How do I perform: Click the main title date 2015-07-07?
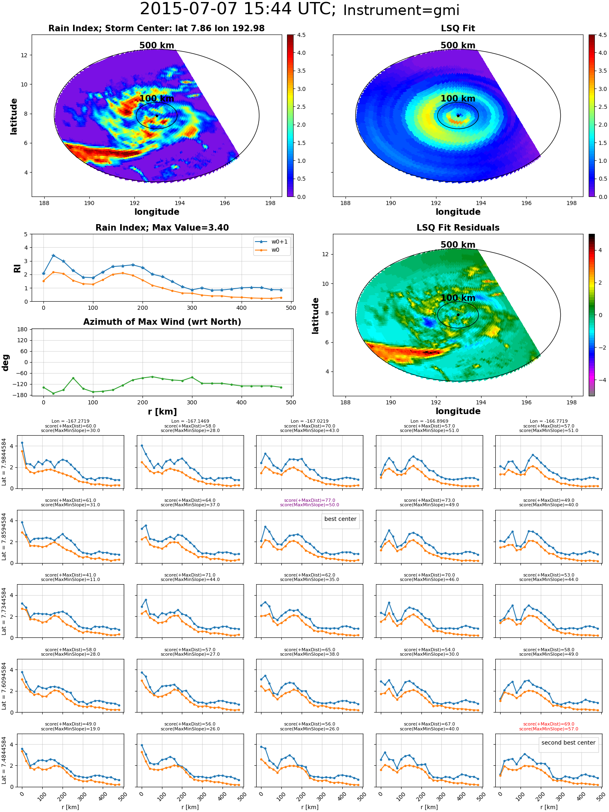(188, 9)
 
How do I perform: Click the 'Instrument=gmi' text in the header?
(401, 11)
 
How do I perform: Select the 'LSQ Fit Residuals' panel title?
(458, 228)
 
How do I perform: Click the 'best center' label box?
(340, 519)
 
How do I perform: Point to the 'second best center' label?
(568, 743)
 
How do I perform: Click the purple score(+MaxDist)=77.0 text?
(309, 501)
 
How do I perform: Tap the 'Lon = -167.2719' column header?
(70, 421)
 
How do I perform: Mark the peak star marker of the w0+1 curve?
(53, 255)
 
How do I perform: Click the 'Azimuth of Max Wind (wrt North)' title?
(162, 322)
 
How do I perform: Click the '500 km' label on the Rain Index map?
(157, 45)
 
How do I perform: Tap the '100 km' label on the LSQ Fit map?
(458, 99)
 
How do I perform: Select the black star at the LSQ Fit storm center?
(458, 116)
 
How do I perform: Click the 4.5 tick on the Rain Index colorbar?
(301, 35)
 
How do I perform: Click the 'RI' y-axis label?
(17, 268)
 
